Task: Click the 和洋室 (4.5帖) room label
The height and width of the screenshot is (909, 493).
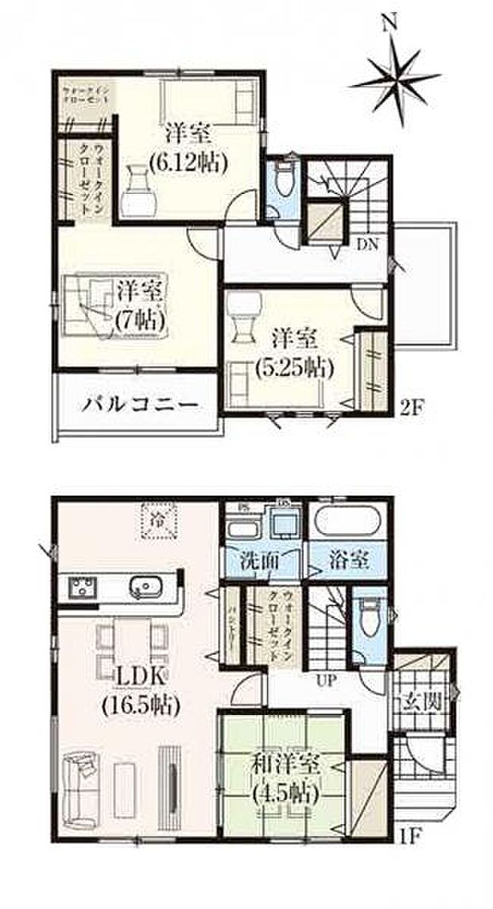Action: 285,778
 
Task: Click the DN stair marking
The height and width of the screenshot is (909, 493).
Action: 367,243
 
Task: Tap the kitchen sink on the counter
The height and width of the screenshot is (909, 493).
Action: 145,588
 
